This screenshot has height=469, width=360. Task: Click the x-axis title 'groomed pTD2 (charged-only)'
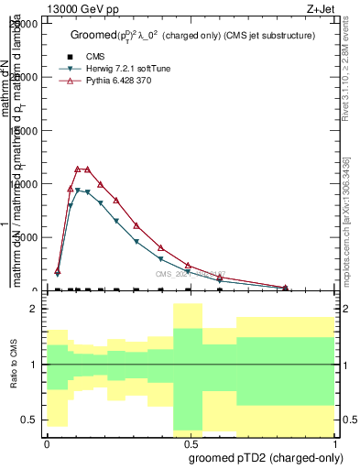tap(266, 457)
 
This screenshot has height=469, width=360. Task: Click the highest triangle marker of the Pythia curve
tap(79, 169)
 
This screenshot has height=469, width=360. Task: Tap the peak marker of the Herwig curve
tap(79, 190)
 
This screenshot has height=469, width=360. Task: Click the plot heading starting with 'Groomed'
tap(192, 35)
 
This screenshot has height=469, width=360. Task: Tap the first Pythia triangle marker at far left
tap(58, 271)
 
